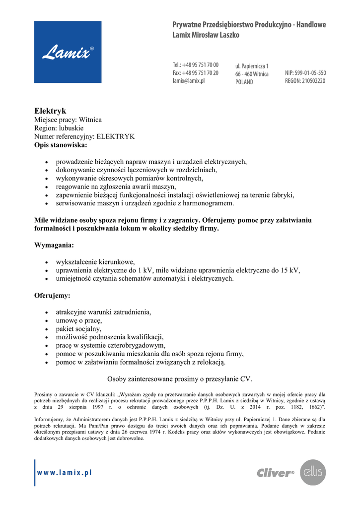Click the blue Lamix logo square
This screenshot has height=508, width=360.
click(x=68, y=52)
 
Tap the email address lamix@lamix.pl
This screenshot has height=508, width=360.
click(x=189, y=80)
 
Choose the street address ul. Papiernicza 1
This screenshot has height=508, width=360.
click(x=252, y=66)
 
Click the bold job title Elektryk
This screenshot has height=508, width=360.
click(x=50, y=111)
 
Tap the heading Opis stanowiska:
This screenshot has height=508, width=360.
click(x=60, y=145)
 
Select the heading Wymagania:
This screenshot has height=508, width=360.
click(x=54, y=245)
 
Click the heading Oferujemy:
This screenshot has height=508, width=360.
click(x=52, y=296)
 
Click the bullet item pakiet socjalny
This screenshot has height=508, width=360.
click(x=78, y=328)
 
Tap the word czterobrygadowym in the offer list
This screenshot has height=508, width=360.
click(x=135, y=345)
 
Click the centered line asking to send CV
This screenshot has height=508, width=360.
click(x=180, y=379)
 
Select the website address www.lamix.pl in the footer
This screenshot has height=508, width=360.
click(x=65, y=473)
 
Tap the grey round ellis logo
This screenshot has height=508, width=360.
click(x=313, y=472)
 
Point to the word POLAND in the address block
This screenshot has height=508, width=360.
click(x=244, y=82)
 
